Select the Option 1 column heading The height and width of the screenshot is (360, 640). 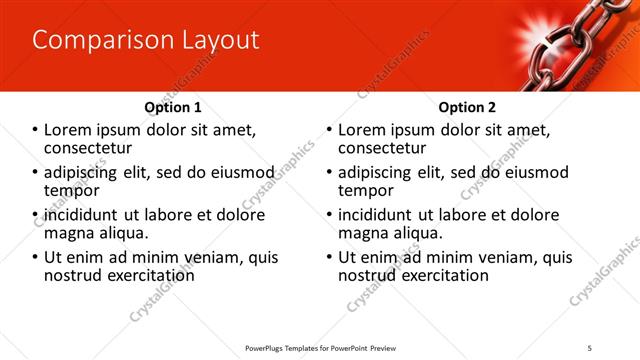(173, 107)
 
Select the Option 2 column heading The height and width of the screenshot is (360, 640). (467, 107)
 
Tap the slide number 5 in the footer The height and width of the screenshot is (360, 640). (618, 347)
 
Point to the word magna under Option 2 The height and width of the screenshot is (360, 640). (365, 233)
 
